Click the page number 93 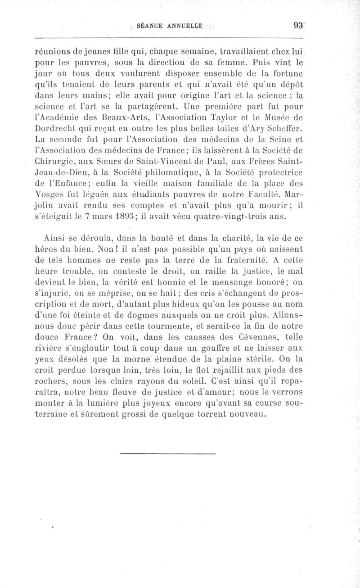point(297,26)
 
